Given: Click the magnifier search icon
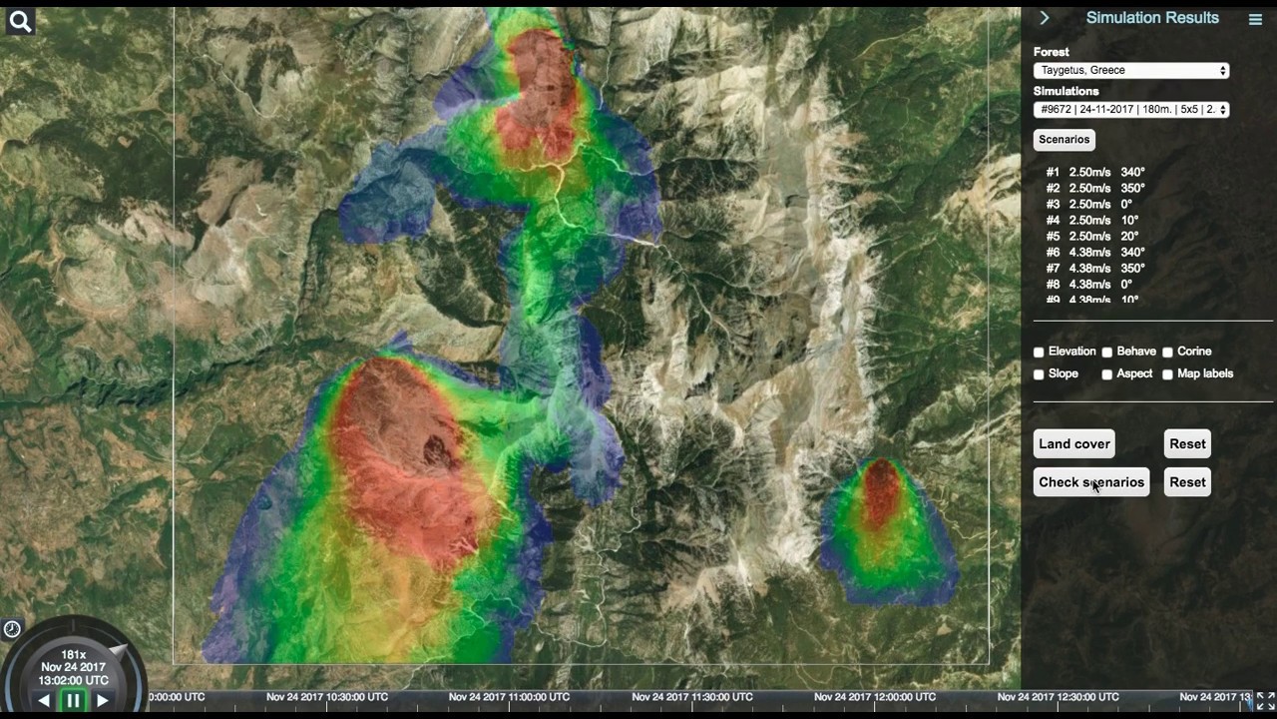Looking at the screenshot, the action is click(20, 21).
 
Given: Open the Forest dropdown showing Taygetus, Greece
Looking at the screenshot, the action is click(1131, 71).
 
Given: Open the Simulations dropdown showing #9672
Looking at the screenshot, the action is click(1131, 110).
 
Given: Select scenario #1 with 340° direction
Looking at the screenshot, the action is click(1094, 173).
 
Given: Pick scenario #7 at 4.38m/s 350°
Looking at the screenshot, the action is click(1094, 269).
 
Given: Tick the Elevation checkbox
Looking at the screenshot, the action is click(1039, 353).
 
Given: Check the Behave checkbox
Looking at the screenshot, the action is click(1107, 353).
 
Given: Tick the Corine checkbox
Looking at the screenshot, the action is click(1167, 353).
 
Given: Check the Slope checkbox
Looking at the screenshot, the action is click(1039, 374).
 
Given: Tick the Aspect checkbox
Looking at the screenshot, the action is click(1107, 374).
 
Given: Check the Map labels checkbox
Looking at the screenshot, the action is click(1167, 374).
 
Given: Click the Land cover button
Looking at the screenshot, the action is click(1074, 444).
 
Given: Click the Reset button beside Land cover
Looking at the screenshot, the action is click(1187, 444).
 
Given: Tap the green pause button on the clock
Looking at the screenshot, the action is click(73, 700).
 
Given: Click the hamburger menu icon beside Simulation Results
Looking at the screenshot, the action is click(1255, 19).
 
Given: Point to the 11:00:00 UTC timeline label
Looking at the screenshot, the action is click(509, 697).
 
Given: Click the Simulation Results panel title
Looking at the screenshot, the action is click(1152, 18).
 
